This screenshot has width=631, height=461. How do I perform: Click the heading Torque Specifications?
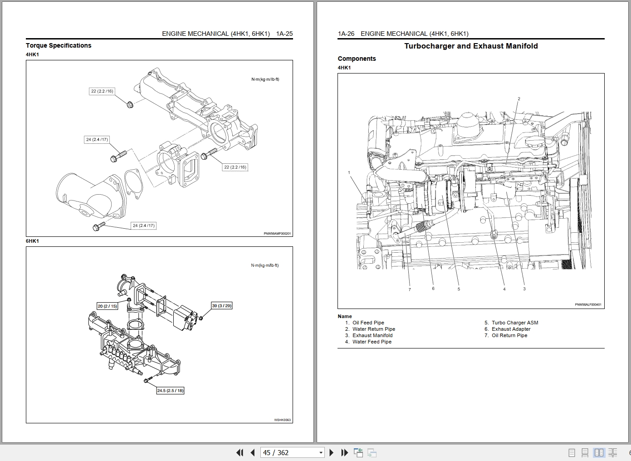[x=59, y=45]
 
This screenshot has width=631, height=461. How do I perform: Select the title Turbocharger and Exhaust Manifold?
[x=471, y=46]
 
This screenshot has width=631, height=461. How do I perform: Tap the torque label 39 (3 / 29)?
[x=221, y=305]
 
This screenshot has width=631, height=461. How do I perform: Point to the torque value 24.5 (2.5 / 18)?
[x=170, y=391]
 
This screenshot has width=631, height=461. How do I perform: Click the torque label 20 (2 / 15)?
[x=107, y=306]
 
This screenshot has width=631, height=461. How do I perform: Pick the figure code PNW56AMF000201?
[x=277, y=234]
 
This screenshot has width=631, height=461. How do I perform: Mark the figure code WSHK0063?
[x=282, y=420]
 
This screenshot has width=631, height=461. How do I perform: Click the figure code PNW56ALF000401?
[x=588, y=304]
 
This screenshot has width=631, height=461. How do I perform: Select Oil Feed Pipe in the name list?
[x=368, y=323]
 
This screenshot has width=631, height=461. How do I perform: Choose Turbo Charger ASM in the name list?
[x=514, y=323]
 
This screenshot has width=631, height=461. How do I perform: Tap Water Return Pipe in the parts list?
[x=373, y=329]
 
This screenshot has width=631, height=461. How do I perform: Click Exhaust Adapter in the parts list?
[x=511, y=329]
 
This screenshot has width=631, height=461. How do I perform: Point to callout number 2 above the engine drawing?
[x=519, y=98]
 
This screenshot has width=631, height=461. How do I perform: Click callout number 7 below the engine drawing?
[x=410, y=289]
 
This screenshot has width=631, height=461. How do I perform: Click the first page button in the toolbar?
[x=240, y=452]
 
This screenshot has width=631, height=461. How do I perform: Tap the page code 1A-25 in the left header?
[x=284, y=34]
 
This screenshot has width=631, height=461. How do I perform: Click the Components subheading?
[x=357, y=59]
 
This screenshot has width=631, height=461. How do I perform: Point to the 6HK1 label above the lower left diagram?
[x=32, y=241]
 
